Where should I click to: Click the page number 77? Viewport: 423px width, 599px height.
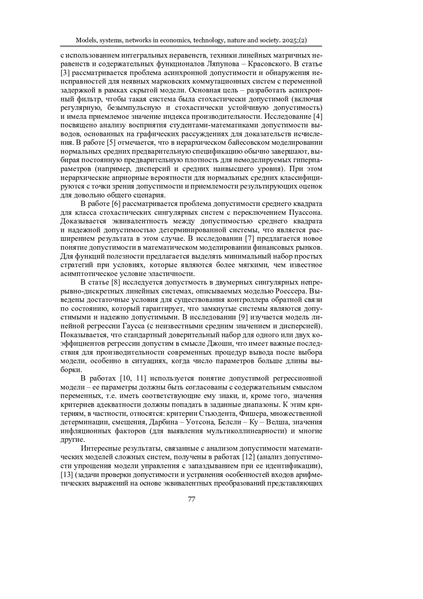pos(192,499)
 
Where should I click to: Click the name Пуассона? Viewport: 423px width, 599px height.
pos(305,213)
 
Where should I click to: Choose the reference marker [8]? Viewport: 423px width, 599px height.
pos(117,283)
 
